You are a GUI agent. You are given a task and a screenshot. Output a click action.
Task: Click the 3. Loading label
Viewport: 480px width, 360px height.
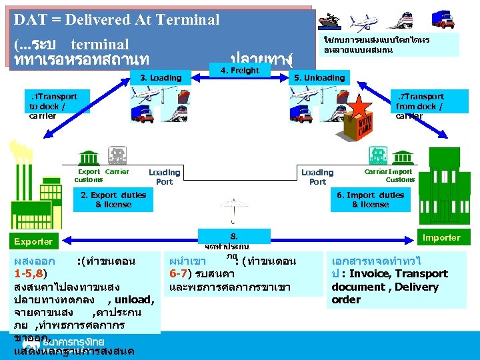click(x=160, y=78)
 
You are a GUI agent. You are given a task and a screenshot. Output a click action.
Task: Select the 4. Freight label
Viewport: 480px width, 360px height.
click(x=239, y=71)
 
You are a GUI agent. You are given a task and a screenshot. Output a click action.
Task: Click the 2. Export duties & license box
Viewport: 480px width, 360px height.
click(x=113, y=199)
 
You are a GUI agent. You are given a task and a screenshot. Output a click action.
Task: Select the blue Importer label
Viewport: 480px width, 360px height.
click(x=441, y=237)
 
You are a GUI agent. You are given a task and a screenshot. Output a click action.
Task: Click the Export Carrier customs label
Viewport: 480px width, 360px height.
click(x=101, y=175)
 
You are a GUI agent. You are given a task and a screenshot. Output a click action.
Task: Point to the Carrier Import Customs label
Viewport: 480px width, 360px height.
click(x=389, y=175)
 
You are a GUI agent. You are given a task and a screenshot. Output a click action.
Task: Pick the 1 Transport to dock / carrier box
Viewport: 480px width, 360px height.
click(x=53, y=106)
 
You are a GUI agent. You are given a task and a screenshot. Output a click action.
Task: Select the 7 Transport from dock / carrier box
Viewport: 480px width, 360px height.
click(x=419, y=106)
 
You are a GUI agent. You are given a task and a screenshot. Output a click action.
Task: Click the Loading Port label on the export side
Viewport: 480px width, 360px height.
click(x=164, y=177)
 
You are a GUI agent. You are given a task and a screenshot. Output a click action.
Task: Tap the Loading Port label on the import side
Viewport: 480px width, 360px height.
click(x=317, y=177)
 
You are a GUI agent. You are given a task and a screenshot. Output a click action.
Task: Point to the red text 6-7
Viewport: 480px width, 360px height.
click(x=181, y=273)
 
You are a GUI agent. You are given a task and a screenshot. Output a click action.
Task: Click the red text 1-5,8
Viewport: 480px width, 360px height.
click(x=31, y=273)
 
